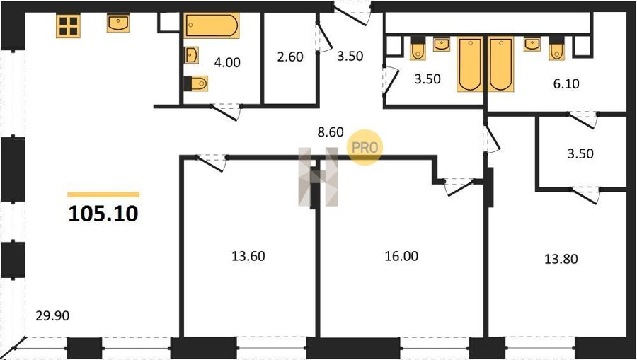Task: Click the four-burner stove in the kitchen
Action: [68, 25]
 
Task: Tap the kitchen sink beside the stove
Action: [118, 23]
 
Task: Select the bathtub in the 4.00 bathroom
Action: [211, 25]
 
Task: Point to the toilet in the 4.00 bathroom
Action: [196, 83]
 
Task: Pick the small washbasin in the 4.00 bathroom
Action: [191, 54]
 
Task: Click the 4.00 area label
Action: [227, 62]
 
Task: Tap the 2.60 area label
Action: [290, 57]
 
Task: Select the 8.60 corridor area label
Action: [331, 132]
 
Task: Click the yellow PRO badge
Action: [365, 147]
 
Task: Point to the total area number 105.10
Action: [103, 214]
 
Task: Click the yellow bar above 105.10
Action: [103, 194]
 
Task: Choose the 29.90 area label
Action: [52, 316]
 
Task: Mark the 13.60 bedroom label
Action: [248, 257]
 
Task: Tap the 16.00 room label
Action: [401, 257]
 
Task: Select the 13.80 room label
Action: [561, 259]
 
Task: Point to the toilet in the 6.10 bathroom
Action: [557, 48]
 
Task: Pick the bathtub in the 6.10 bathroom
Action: [501, 64]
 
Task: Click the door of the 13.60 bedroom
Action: [211, 163]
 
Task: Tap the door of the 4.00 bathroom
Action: [226, 112]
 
